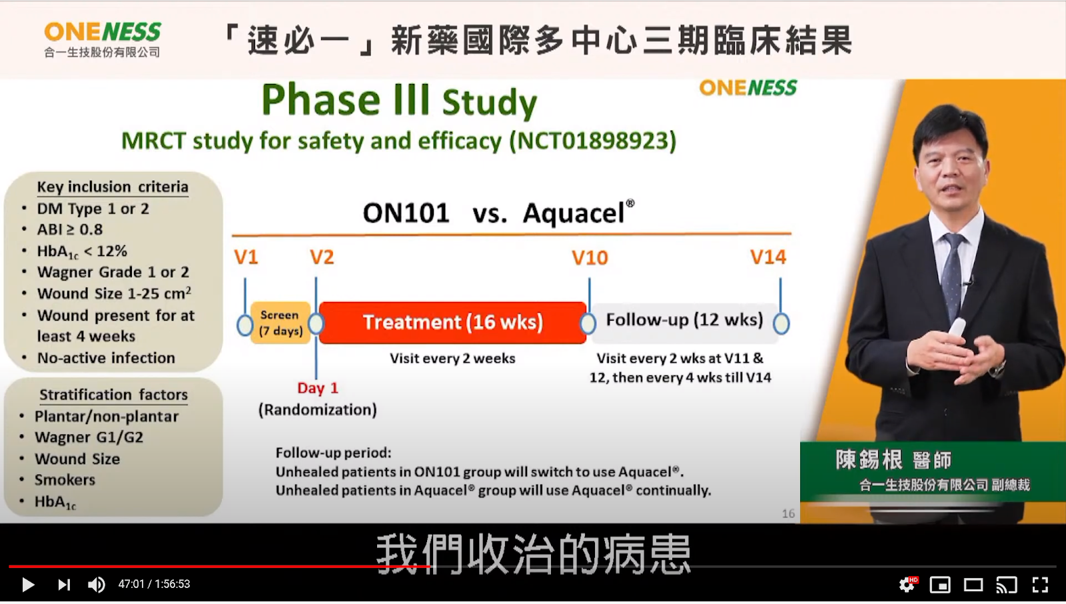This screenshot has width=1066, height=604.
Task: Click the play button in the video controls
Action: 28,585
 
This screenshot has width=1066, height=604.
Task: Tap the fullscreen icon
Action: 1040,585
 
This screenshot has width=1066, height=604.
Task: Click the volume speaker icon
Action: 97,585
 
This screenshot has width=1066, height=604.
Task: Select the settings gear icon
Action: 907,585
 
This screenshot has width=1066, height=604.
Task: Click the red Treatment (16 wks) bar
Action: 452,323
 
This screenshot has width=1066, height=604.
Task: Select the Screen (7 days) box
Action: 280,323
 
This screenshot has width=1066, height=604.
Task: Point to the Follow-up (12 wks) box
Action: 684,321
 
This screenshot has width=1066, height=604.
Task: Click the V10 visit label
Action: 590,258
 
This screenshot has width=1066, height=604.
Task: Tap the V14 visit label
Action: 768,257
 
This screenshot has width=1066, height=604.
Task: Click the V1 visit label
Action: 246,257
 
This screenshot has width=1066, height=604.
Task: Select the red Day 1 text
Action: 317,388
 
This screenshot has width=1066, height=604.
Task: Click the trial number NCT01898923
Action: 592,141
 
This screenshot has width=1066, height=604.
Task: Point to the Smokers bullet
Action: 65,480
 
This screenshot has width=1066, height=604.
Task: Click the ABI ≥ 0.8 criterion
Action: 69,229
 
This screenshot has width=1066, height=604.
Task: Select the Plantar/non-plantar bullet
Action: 107,417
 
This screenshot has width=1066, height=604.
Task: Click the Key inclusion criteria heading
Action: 113,187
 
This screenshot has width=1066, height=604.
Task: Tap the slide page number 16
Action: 788,513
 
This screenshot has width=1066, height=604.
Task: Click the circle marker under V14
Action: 781,324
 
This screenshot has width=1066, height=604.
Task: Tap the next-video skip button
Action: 64,585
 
